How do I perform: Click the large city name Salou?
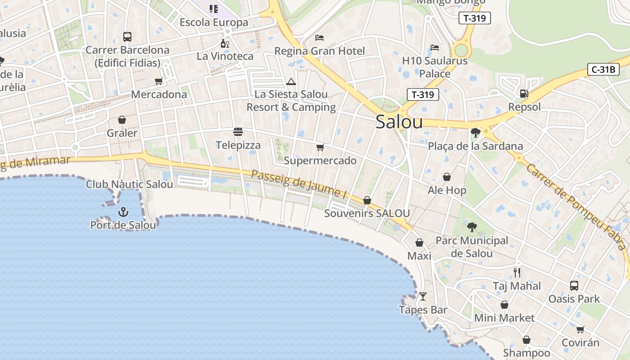[399, 122]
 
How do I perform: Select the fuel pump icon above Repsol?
[524, 94]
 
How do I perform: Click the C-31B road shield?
[603, 69]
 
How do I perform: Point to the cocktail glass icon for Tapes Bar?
[423, 297]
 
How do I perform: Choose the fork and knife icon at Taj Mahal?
[517, 272]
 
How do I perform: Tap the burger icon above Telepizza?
[238, 132]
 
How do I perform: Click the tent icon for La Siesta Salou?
[291, 82]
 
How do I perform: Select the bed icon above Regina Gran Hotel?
[319, 38]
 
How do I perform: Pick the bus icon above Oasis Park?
[574, 285]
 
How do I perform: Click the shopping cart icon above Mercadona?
[158, 81]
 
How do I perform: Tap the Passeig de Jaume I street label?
[299, 185]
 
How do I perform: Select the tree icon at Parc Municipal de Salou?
[472, 227]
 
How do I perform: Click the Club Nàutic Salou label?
[130, 184]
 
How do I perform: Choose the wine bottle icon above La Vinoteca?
[225, 44]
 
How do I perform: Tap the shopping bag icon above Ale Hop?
[447, 177]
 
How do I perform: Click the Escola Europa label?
[214, 22]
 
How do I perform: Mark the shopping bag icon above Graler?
[121, 120]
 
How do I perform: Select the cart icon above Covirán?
[580, 329]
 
